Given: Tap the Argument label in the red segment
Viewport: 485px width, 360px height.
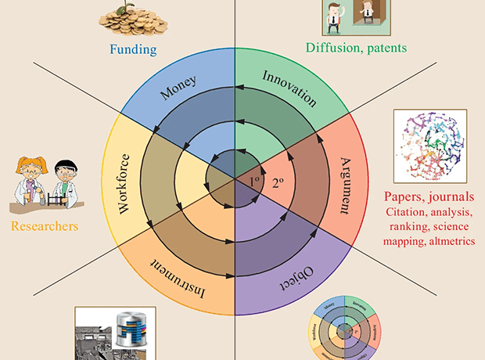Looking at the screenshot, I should pos(347,185).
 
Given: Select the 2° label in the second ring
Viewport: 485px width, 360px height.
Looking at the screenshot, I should pos(278,185).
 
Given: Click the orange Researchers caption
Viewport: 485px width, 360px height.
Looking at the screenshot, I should pos(44,227).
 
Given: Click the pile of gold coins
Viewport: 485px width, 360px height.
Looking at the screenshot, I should pos(132,20).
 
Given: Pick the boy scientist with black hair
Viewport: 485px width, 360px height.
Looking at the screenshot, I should pos(65,182).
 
